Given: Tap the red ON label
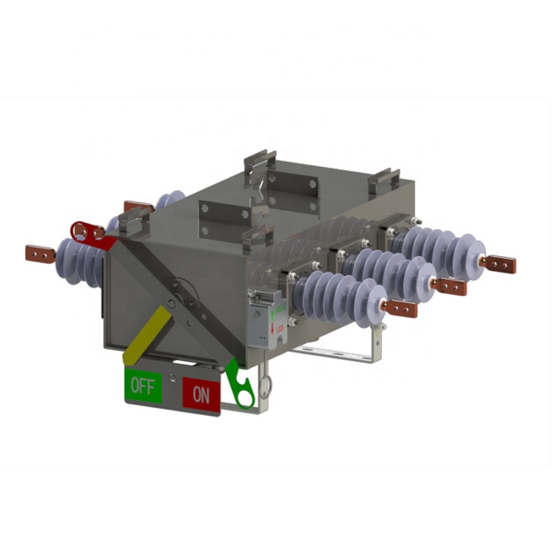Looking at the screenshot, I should (201, 394).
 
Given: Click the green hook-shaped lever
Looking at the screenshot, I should (241, 383).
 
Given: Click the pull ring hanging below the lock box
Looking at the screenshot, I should (266, 383).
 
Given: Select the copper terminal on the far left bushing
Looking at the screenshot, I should (40, 255).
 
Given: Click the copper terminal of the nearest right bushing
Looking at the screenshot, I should (400, 308).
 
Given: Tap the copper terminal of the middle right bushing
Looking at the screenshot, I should (448, 286).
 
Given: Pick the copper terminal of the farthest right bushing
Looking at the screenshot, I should (498, 263).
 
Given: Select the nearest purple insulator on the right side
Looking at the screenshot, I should (339, 294).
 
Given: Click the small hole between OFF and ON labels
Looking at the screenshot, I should (171, 378).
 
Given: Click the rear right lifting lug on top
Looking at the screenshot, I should (384, 180).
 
